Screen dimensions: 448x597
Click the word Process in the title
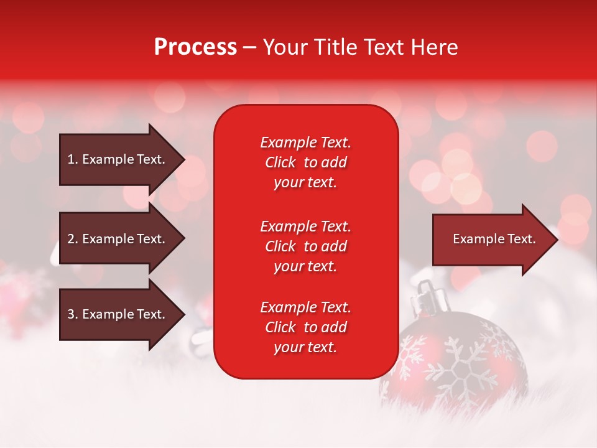click(195, 47)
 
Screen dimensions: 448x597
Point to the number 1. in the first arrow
click(72, 159)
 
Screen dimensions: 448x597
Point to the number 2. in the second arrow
click(72, 239)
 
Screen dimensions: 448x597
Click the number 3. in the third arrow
click(72, 314)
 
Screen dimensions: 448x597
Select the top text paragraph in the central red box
click(305, 162)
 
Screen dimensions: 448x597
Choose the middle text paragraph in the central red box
click(305, 246)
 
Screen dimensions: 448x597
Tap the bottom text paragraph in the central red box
click(305, 327)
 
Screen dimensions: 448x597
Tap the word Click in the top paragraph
click(280, 162)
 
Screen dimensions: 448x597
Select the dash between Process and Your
click(249, 47)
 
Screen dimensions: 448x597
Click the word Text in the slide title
click(384, 47)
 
